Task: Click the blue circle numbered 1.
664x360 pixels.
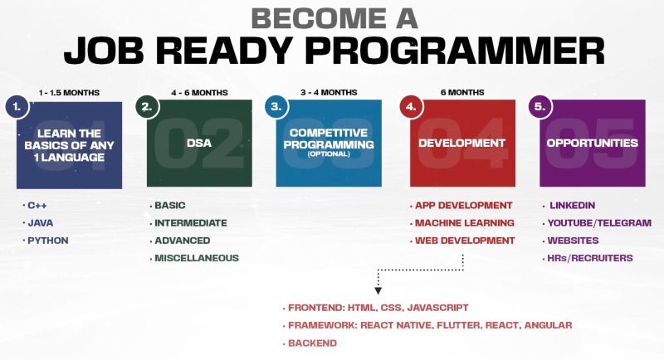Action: pos(17,107)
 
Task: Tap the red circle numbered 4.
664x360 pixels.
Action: pos(411,107)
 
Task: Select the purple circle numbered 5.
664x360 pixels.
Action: pos(540,107)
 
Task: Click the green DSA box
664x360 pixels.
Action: pos(199,143)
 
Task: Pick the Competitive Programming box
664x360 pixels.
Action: pos(329,143)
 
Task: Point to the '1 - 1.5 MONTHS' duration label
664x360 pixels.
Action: pos(69,93)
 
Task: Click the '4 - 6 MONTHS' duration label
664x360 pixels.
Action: pos(199,93)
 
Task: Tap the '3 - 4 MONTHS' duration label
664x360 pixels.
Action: pos(329,92)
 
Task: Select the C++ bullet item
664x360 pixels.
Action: pos(37,206)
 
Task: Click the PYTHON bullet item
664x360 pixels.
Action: pos(48,241)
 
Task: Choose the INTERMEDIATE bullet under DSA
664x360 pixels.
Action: pos(191,223)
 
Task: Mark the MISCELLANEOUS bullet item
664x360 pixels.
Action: pos(197,258)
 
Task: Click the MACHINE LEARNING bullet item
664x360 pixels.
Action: pos(465,223)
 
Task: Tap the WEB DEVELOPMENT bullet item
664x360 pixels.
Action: pos(465,241)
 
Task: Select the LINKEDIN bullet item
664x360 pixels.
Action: pos(572,206)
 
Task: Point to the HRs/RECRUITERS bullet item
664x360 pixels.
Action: pos(590,258)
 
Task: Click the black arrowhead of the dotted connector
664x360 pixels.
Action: pos(378,291)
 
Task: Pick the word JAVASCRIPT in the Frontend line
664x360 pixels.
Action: pos(438,308)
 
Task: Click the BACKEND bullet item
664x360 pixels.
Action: pos(313,343)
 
